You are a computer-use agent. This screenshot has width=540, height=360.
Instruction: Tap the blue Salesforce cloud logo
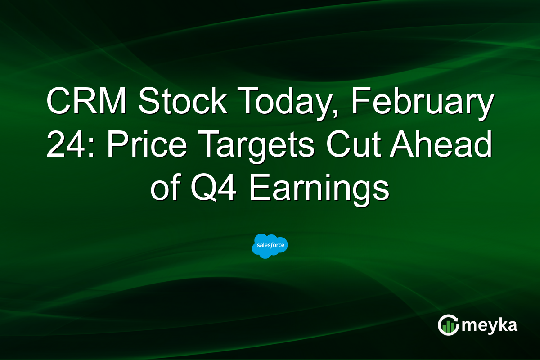270,246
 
